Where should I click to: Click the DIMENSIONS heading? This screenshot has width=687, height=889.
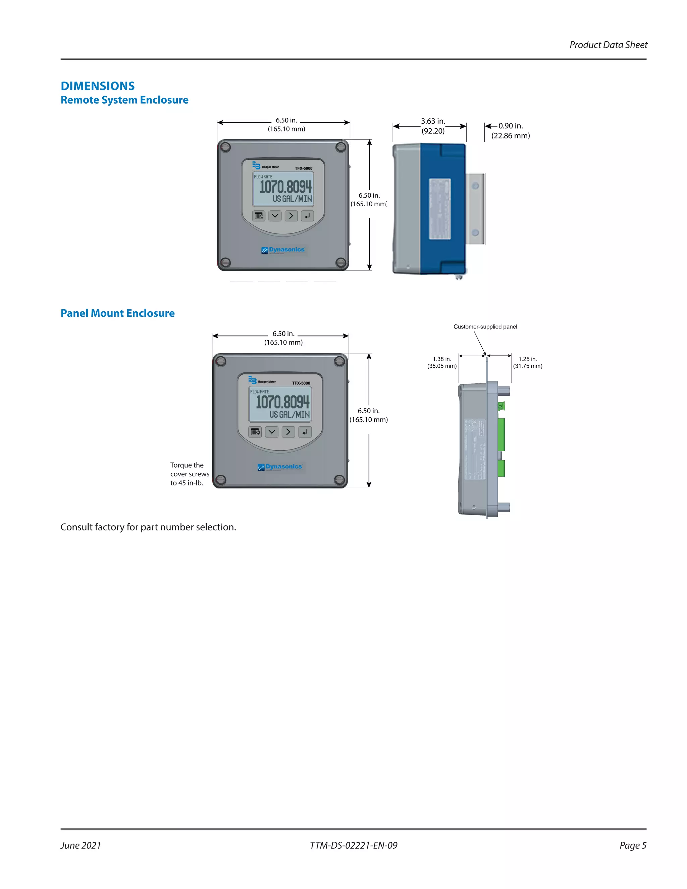click(x=98, y=86)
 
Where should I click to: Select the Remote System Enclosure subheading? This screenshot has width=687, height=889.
click(x=124, y=100)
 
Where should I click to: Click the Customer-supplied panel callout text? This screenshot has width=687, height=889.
click(x=485, y=326)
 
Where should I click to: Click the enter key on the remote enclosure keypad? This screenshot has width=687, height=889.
click(x=307, y=216)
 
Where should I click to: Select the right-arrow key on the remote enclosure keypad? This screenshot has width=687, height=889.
click(x=291, y=216)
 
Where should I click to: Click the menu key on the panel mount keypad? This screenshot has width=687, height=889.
click(x=255, y=432)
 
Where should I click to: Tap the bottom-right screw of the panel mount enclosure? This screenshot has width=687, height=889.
click(x=340, y=480)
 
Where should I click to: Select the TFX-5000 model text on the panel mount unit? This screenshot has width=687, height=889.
click(x=301, y=383)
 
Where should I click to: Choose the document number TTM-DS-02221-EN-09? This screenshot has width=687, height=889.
click(x=353, y=845)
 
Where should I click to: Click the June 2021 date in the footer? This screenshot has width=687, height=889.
click(x=81, y=845)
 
